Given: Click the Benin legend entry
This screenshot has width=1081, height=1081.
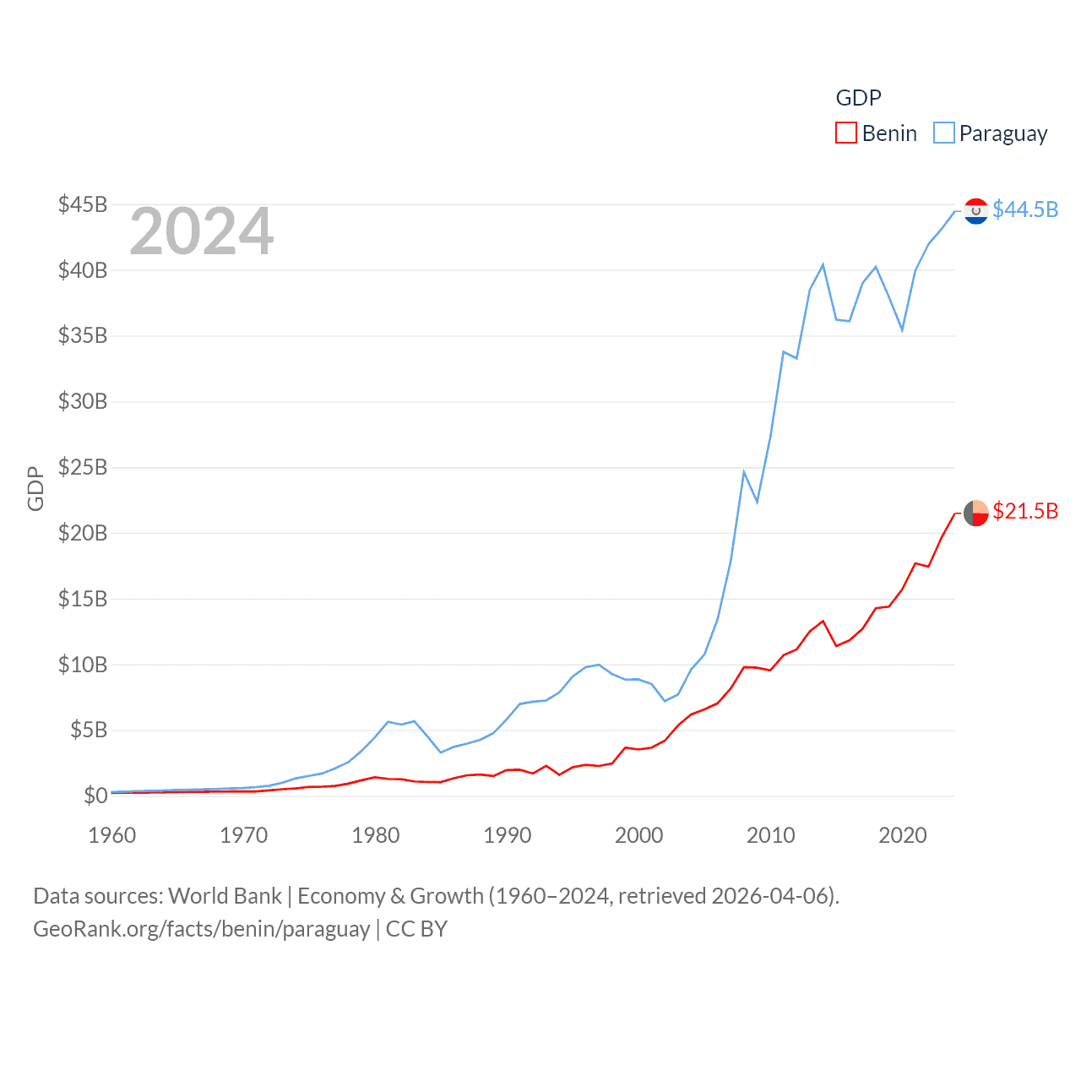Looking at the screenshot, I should point(877,133).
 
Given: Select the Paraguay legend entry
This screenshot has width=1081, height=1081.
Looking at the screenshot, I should point(991,133).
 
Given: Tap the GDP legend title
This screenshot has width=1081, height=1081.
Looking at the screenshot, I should point(858,98).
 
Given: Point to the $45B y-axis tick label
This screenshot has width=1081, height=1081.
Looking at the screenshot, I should point(83,204).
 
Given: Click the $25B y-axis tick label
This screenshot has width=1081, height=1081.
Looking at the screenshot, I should point(83,467).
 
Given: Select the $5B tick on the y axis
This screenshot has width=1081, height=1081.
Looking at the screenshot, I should point(89,730).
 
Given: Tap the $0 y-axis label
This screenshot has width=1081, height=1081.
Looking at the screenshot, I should point(95,796).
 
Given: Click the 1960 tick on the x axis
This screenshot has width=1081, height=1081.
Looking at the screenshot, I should point(112,835).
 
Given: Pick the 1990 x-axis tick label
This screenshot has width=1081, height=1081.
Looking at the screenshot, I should point(508,835).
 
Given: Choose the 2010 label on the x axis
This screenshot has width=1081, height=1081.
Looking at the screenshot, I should point(771,835).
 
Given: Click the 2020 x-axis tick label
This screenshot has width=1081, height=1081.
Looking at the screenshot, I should point(903,835).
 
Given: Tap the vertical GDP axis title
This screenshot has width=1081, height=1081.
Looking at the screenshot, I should point(35,488).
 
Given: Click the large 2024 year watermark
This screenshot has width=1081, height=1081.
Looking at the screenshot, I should point(202,231).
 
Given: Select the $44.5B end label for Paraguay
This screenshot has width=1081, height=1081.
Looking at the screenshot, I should point(1025,209).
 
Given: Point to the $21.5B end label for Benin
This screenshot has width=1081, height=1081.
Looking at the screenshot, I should point(1025,511).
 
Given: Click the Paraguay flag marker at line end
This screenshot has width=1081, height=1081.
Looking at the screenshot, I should point(976,211).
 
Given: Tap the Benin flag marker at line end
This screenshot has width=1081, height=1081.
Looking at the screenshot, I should point(976,513).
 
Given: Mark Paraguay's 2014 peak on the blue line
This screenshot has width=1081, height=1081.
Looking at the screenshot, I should point(823,265).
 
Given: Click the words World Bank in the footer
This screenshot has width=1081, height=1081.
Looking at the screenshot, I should point(225,895).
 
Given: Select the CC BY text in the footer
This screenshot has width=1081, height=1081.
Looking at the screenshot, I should point(416,929).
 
